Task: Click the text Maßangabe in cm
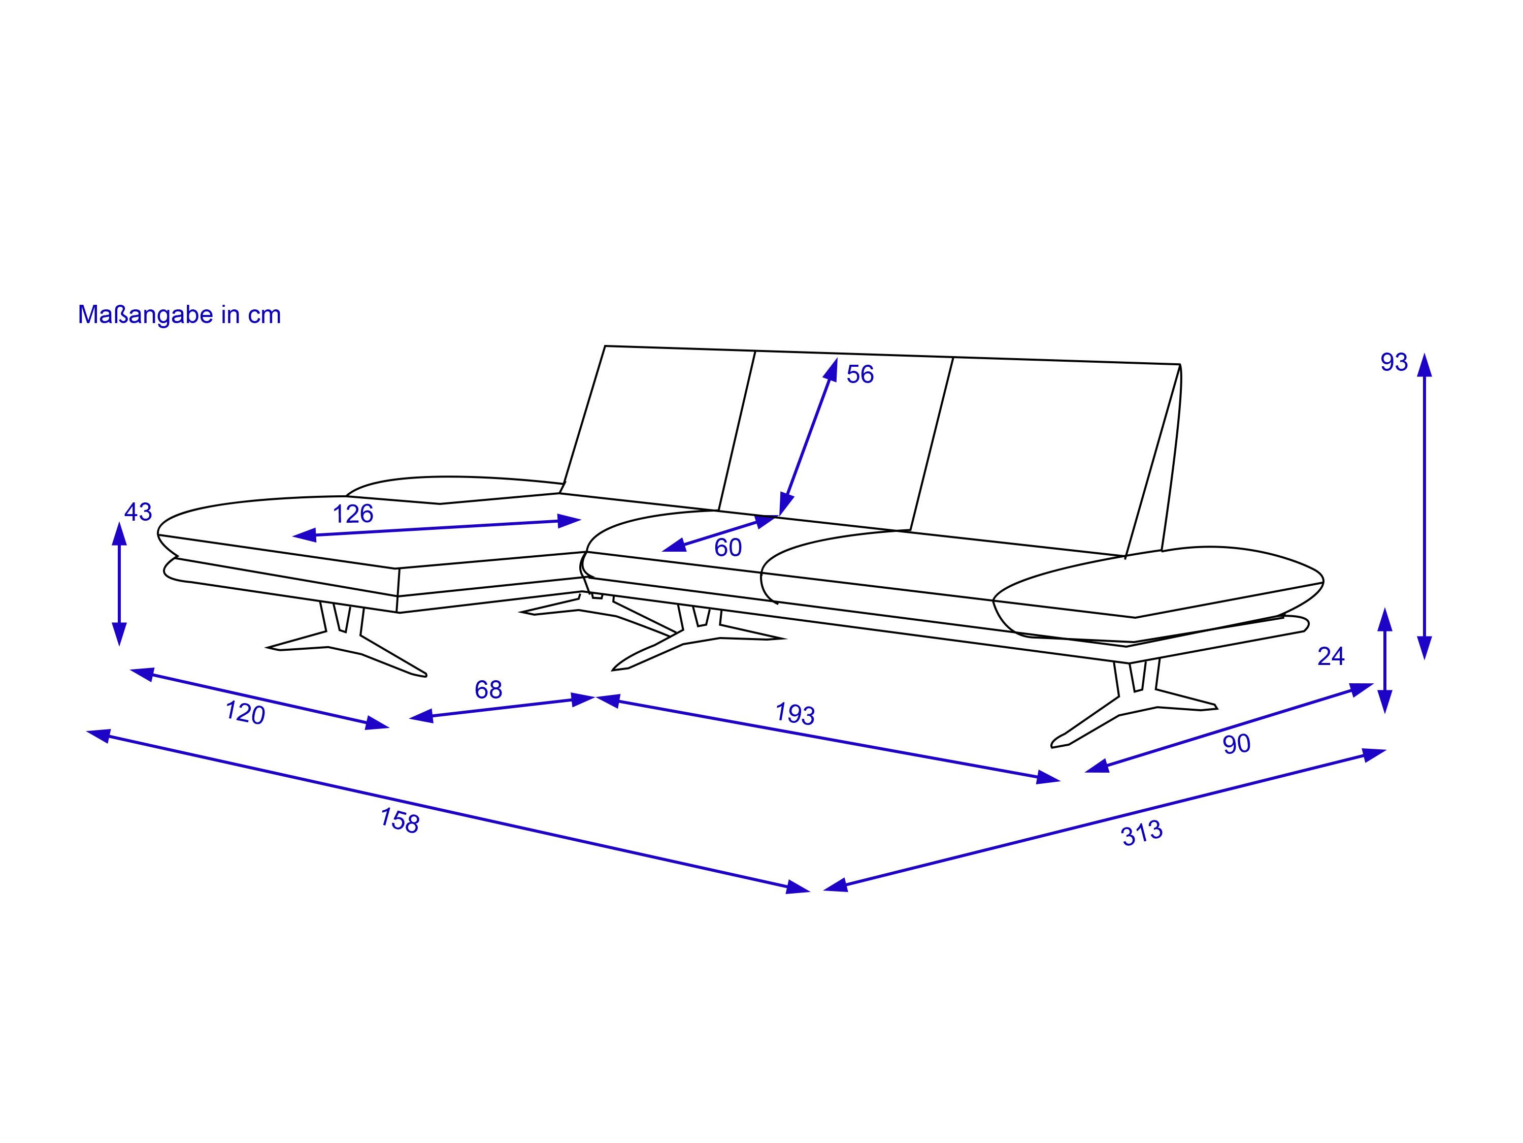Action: (x=179, y=315)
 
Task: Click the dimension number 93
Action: (x=1394, y=362)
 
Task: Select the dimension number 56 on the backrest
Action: (x=860, y=374)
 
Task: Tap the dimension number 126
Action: (x=353, y=514)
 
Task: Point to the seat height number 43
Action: (x=138, y=512)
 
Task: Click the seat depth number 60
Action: (x=728, y=548)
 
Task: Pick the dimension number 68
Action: (x=488, y=690)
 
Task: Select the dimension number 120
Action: (x=245, y=713)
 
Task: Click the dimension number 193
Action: (x=795, y=714)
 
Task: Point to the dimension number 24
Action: (x=1331, y=656)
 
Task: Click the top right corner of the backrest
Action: (x=1180, y=364)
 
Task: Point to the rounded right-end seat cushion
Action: (x=1158, y=592)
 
